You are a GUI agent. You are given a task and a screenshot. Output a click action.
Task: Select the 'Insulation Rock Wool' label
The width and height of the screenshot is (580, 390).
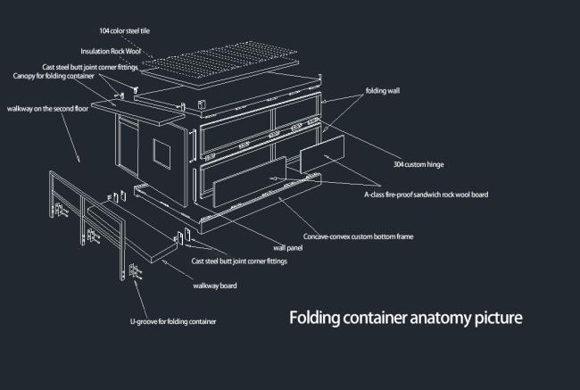click(x=111, y=52)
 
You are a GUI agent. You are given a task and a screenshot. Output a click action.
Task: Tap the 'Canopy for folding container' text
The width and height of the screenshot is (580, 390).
click(x=54, y=76)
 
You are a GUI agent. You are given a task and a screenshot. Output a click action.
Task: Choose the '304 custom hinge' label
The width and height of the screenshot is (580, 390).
click(x=418, y=164)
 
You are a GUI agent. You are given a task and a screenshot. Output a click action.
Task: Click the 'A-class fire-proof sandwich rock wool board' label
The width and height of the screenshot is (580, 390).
click(x=426, y=194)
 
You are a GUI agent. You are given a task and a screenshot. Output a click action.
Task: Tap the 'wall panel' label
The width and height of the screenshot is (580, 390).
click(x=287, y=247)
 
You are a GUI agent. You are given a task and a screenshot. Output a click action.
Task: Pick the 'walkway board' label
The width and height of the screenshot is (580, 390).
click(x=215, y=286)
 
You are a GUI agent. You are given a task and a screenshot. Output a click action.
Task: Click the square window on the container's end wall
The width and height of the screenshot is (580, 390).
click(x=162, y=154)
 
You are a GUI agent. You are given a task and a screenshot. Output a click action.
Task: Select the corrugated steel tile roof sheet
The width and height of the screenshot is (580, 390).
click(x=231, y=57)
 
